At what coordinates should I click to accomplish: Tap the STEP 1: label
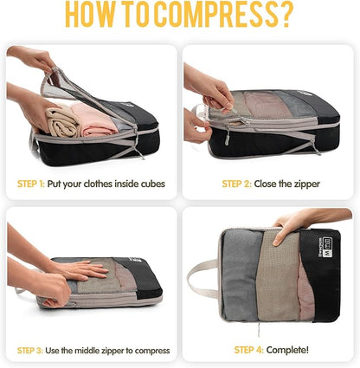coord(38,184)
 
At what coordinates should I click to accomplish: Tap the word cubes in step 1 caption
coord(149,184)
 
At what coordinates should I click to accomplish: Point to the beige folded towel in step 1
coord(61,122)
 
